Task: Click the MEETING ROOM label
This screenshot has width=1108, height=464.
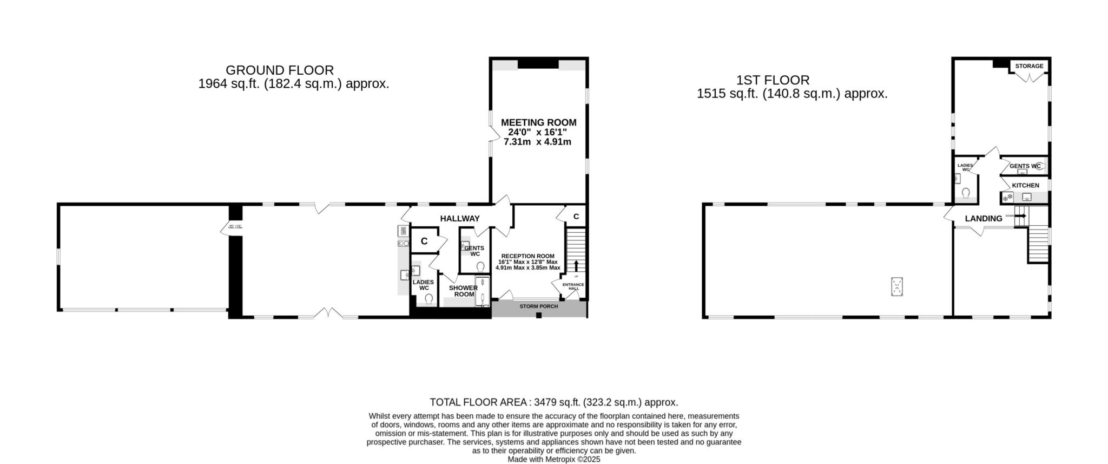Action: [x=538, y=122]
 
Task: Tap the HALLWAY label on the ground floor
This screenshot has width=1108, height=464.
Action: [x=459, y=219]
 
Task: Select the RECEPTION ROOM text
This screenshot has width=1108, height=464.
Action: [x=527, y=256]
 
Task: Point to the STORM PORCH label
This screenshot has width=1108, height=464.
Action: [x=538, y=306]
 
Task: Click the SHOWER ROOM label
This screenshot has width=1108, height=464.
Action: [x=463, y=291]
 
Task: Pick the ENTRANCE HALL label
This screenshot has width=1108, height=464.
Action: [x=573, y=286]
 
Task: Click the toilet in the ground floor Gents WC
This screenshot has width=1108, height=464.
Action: [x=480, y=267]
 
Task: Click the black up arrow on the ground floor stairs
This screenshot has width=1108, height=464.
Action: [x=576, y=266]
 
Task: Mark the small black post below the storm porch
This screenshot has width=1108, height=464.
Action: [x=538, y=315]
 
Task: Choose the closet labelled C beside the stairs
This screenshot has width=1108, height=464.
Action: [x=576, y=217]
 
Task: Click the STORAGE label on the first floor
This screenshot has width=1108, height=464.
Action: [x=1029, y=66]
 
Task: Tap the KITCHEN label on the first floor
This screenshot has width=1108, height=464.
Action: [x=1025, y=185]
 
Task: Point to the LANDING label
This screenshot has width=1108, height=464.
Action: [x=984, y=219]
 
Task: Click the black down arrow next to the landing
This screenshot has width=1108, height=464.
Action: [x=1021, y=216]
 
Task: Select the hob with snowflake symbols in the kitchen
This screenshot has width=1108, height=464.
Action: [x=1007, y=198]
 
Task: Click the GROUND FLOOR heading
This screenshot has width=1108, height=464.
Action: [x=279, y=70]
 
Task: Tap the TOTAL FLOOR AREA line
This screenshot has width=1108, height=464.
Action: [x=553, y=402]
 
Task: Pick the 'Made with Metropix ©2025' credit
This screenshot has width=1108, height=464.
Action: [x=553, y=459]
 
